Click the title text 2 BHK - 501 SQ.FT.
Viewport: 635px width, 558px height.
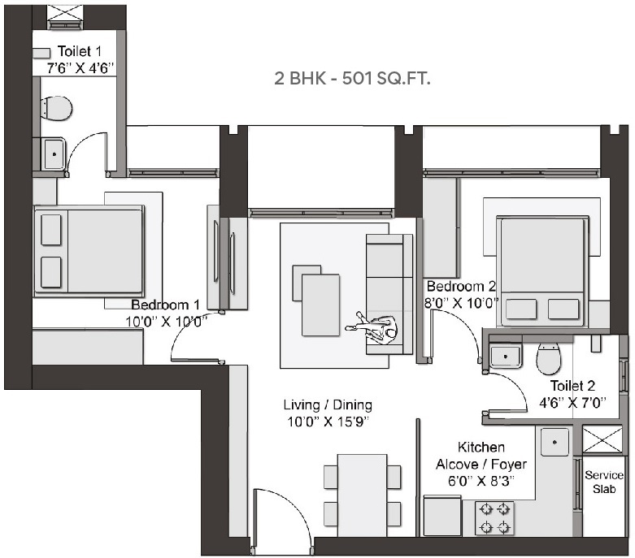352,79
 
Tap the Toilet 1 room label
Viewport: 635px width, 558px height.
74,51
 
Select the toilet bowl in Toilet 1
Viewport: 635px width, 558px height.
55,107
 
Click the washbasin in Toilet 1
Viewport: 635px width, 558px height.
54,153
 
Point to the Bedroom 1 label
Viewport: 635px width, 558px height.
166,305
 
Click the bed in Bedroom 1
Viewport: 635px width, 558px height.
89,249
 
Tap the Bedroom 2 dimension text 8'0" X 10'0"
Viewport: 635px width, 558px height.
461,303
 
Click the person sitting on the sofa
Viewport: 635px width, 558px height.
375,329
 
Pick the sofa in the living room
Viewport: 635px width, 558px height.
385,292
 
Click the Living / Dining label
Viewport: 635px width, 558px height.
328,404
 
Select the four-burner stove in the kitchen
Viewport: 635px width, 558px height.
494,517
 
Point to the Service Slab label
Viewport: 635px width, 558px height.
604,482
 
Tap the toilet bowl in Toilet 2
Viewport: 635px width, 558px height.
549,357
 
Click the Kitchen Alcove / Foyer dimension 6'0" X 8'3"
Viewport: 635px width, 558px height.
481,481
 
